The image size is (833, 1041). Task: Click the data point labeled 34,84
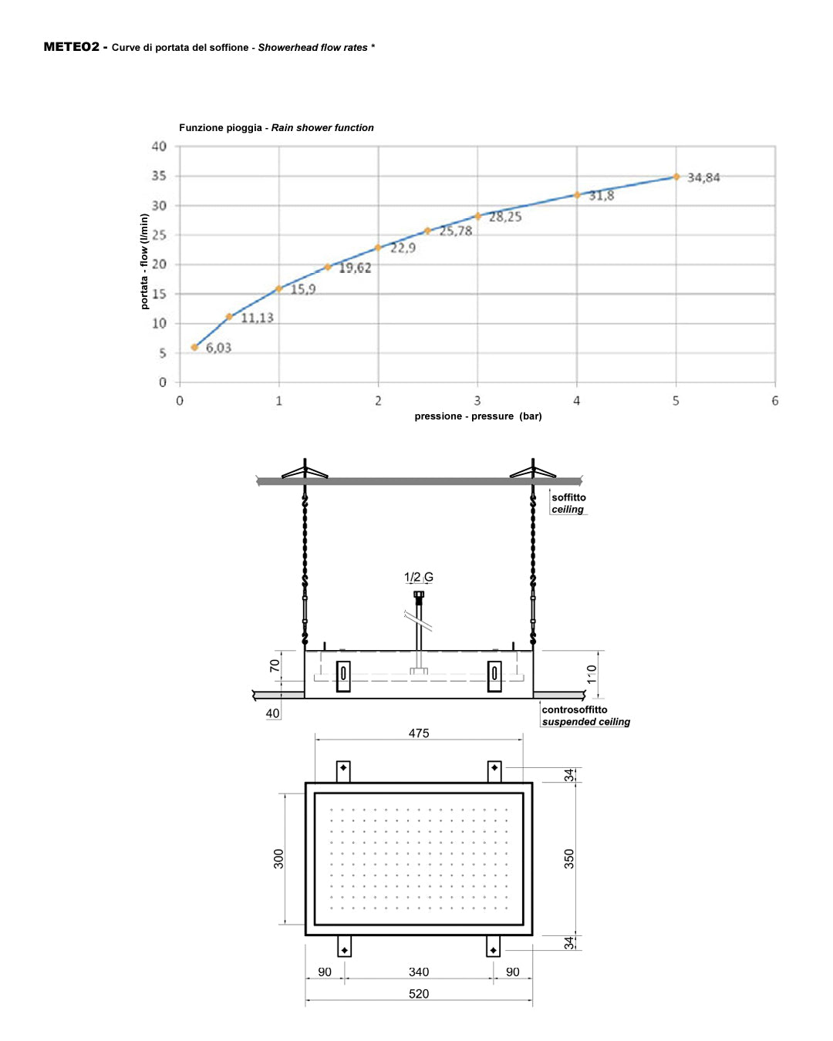coord(676,177)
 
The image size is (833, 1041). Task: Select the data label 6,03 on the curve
coord(219,348)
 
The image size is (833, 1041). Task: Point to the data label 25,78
coord(456,231)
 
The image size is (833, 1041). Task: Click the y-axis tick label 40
coord(159,146)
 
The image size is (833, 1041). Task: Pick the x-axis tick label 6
coord(775,400)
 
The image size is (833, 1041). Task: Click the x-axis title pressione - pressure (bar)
coord(477,416)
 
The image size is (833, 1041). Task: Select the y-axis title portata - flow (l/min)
coord(144,261)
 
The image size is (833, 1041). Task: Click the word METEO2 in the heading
coord(71,46)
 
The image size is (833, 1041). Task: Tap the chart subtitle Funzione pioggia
coord(221,128)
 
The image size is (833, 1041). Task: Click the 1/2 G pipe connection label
coord(419,577)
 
